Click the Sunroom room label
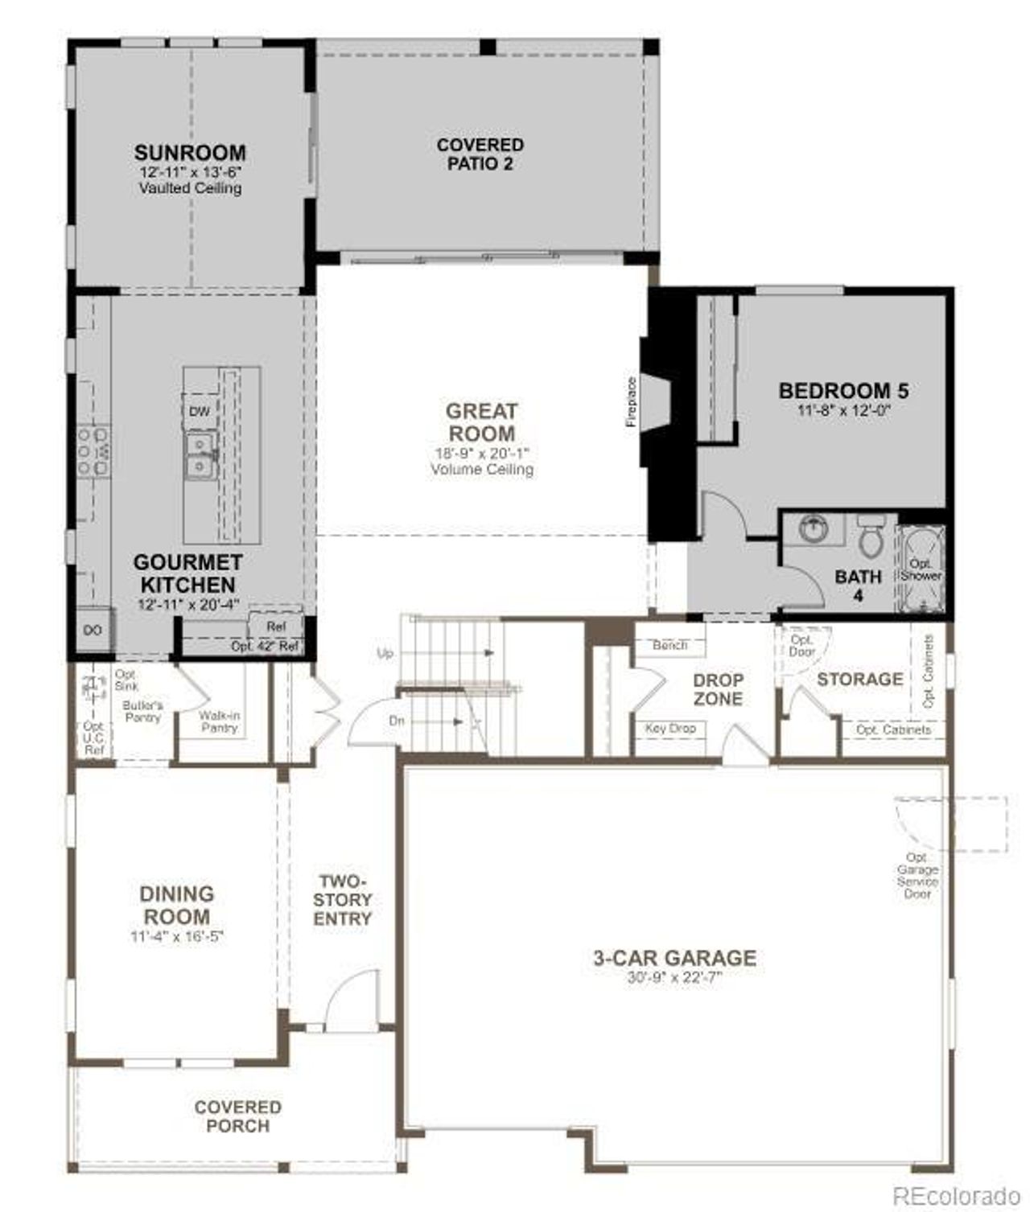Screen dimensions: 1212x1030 (190, 152)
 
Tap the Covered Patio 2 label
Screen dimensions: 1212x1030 (480, 154)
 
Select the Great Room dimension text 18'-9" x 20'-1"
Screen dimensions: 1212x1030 (481, 454)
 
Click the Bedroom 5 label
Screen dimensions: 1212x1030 (843, 391)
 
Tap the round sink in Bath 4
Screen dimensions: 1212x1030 (814, 530)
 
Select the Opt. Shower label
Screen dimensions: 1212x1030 (920, 570)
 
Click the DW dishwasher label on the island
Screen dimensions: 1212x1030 (199, 412)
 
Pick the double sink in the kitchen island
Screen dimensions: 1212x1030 (200, 455)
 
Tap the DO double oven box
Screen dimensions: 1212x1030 (93, 631)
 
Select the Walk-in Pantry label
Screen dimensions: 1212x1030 (219, 721)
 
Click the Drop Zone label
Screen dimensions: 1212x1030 (718, 689)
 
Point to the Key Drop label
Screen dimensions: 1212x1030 (670, 729)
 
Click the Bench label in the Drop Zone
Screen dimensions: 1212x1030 (669, 645)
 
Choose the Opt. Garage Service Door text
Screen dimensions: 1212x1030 (917, 876)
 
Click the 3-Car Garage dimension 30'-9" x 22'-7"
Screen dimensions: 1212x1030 (674, 979)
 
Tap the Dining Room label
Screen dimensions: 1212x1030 (176, 905)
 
